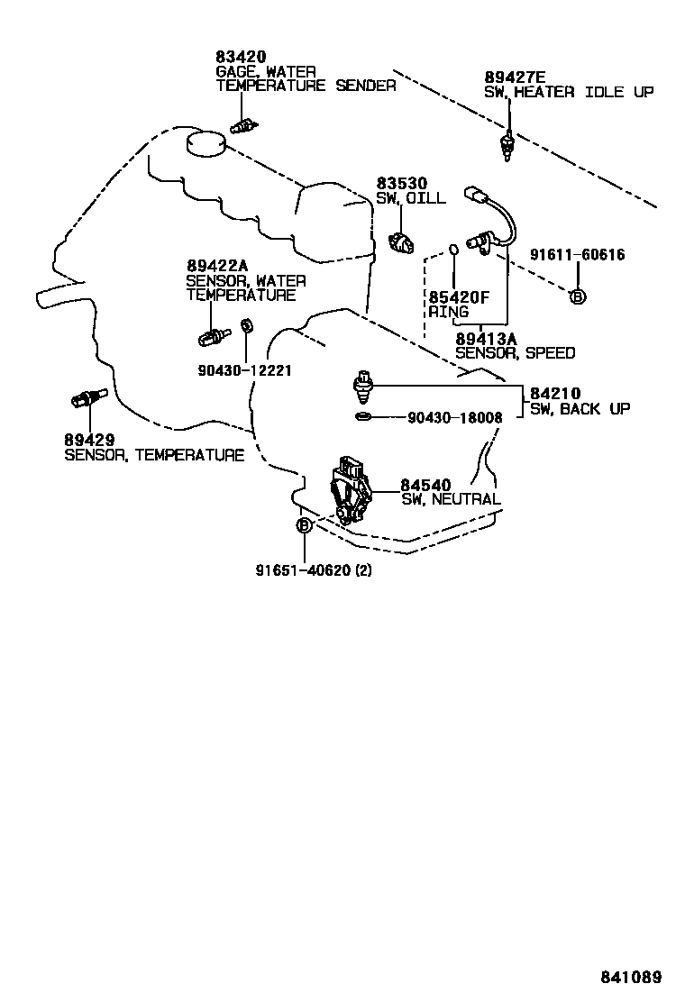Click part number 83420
tap(236, 56)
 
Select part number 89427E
tap(515, 77)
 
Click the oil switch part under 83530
tap(399, 241)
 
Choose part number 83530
tap(401, 183)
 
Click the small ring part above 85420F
tap(454, 250)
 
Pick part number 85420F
tap(460, 296)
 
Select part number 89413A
tap(486, 339)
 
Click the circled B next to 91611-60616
tap(578, 296)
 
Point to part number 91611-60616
tap(577, 255)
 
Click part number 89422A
tap(217, 266)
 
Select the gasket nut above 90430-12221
tap(246, 327)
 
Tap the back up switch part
tap(363, 385)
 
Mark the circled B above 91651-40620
tap(304, 525)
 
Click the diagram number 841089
tap(631, 977)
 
